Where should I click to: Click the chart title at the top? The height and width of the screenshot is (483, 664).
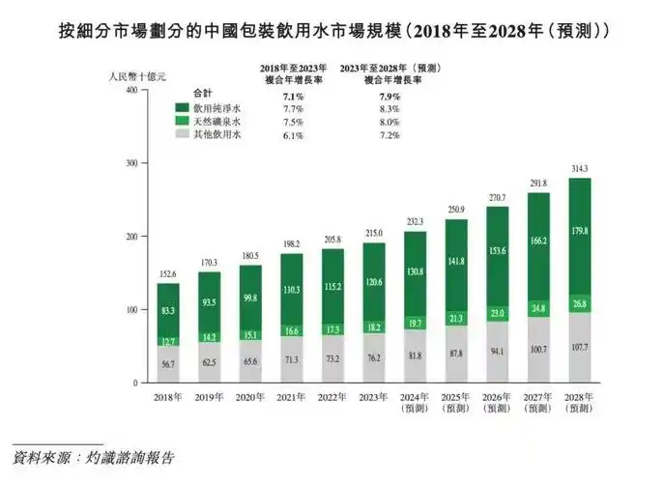[x=331, y=30]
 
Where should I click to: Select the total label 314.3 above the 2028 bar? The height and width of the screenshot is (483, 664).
[x=580, y=167]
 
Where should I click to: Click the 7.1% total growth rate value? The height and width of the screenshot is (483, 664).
[x=293, y=97]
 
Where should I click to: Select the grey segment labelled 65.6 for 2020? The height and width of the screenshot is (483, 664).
[x=250, y=360]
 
